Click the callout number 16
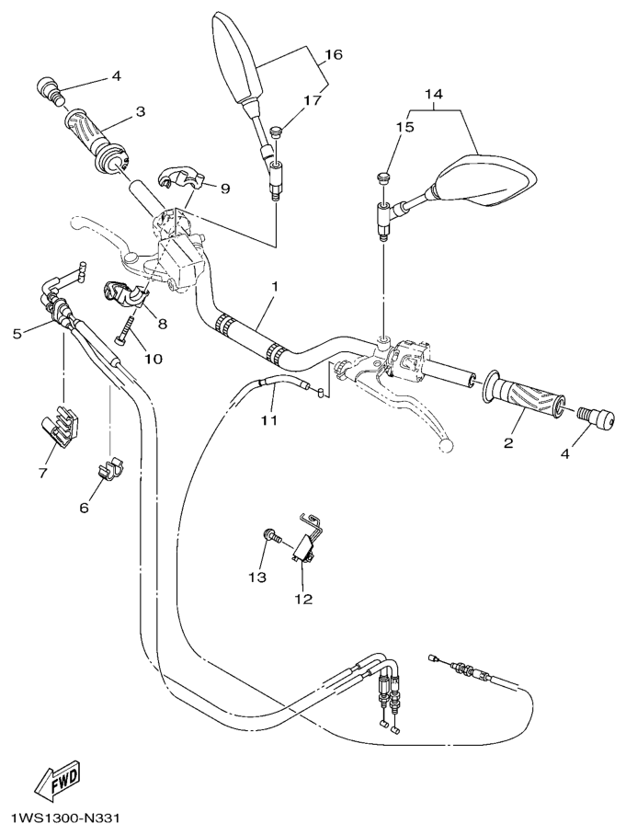[333, 55]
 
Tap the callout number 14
[434, 94]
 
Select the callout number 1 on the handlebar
[273, 288]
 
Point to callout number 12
[303, 599]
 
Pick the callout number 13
[256, 577]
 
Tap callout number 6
[85, 507]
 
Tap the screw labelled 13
[270, 537]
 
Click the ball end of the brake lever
[446, 444]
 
